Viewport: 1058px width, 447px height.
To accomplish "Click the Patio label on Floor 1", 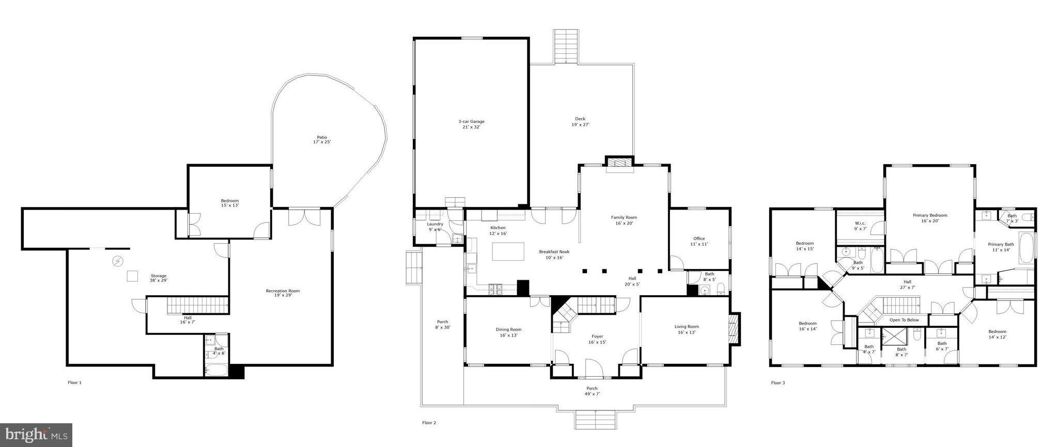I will tap(322, 139).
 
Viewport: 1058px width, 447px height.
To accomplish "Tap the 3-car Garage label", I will tap(471, 124).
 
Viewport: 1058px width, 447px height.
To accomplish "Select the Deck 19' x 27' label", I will tap(580, 122).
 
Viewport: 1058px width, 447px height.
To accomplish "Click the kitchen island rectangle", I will tap(508, 252).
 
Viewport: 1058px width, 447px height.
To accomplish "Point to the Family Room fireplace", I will tap(619, 164).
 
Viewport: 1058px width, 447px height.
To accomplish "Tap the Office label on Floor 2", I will tap(699, 241).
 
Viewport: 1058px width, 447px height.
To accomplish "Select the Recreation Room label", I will tap(283, 293).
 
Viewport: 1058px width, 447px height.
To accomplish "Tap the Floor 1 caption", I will tap(74, 382).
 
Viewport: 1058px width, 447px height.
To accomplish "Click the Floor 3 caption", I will tap(777, 383).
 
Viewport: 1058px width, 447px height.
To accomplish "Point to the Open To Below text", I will tap(904, 320).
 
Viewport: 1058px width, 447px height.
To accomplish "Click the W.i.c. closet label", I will tap(860, 226).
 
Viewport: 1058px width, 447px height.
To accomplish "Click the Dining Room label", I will tap(508, 332).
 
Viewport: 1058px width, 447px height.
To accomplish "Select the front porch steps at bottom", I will tap(596, 419).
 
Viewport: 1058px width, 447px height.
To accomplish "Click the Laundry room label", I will tap(435, 227).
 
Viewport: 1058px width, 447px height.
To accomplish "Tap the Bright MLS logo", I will tap(36, 435).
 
